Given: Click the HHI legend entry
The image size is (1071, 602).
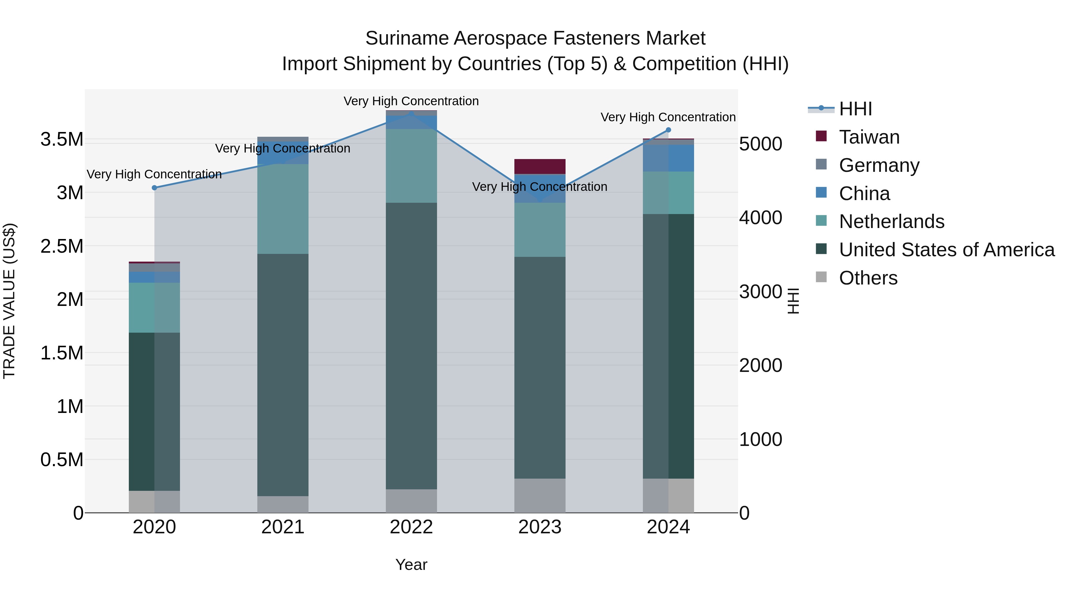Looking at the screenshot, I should (x=855, y=109).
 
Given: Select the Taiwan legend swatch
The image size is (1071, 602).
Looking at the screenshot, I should (x=821, y=136).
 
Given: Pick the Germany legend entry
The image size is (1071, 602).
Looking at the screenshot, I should (x=879, y=165).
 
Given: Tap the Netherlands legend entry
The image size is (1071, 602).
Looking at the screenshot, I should (x=891, y=221).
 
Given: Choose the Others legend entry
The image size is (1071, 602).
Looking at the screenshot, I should (x=868, y=278).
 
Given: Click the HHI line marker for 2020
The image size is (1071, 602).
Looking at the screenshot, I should (x=155, y=188).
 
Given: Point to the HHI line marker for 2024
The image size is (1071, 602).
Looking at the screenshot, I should (x=668, y=130).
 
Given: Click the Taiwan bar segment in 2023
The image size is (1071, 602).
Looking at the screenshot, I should (x=540, y=166).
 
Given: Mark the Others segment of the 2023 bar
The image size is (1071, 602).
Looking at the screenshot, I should (x=540, y=495).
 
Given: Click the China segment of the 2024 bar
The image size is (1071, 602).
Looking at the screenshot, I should (x=668, y=158).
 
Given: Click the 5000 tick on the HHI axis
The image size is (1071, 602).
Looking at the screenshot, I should (x=760, y=144).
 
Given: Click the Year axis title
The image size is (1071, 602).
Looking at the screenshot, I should (x=411, y=565).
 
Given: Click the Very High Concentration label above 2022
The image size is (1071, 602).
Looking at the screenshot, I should (x=411, y=101).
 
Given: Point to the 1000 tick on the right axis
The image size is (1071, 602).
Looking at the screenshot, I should (x=760, y=439).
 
